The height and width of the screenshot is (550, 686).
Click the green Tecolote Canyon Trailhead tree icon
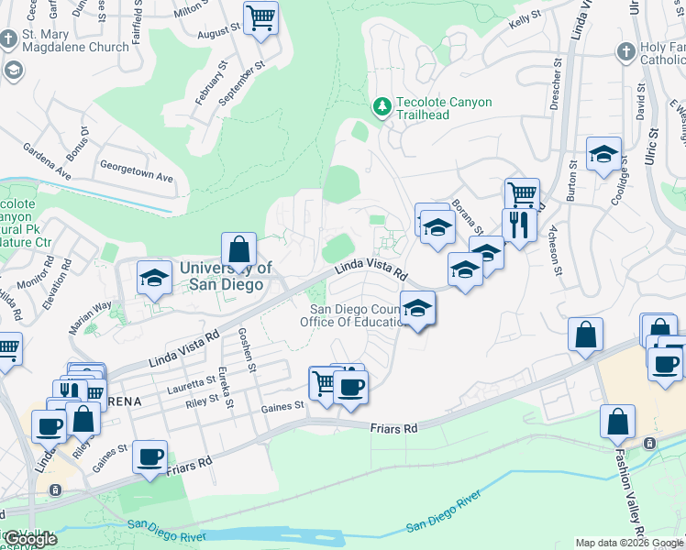382,107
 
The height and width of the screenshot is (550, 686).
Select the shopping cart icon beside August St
261,17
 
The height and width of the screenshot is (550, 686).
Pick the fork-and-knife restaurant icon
519,225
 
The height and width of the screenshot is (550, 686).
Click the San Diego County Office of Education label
355,315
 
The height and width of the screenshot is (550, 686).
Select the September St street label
241,82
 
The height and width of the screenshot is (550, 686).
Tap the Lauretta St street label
192,380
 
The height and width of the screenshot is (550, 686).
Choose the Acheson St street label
555,250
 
